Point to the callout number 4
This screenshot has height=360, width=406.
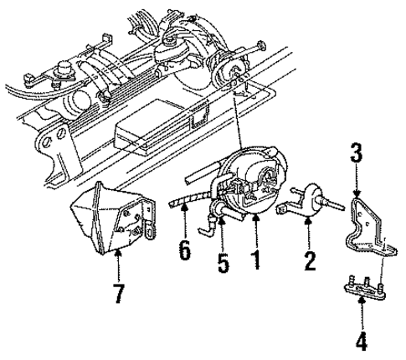tap(362, 342)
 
